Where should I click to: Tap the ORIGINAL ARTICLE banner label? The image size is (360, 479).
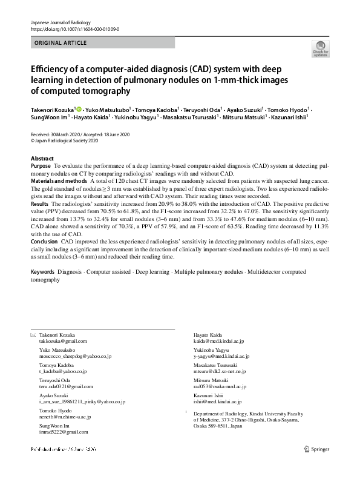(x=61, y=43)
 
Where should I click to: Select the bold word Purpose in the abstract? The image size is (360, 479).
(x=41, y=165)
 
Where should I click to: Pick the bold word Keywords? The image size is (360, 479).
(x=43, y=272)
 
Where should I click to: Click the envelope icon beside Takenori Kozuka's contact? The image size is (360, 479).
(x=33, y=335)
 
